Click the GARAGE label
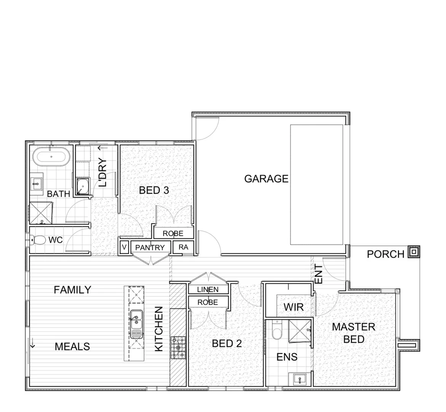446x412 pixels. [x=266, y=179]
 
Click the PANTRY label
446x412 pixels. [x=150, y=248]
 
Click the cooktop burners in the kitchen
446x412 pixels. [x=177, y=348]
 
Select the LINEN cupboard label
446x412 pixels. [x=208, y=290]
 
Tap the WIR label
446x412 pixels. [x=294, y=307]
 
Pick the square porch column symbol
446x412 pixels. [x=413, y=252]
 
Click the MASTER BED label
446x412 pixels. [x=353, y=333]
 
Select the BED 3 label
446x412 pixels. [x=154, y=190]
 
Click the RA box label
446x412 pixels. [x=183, y=247]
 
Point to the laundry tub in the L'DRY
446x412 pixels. [x=82, y=187]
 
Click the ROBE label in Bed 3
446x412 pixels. [x=173, y=233]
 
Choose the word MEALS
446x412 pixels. [x=72, y=346]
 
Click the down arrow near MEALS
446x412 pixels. [x=33, y=344]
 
